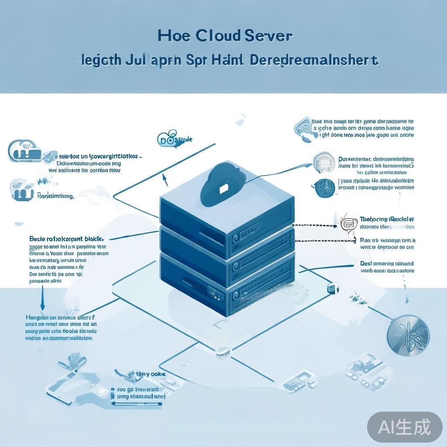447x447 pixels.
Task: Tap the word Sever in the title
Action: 268,35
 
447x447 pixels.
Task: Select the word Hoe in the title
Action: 174,35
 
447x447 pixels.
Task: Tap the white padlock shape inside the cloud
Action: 223,188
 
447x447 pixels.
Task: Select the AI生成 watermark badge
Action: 404,426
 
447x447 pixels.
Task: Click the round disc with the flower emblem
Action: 408,334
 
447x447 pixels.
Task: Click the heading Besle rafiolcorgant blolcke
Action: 66,239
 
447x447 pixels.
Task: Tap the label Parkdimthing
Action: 55,196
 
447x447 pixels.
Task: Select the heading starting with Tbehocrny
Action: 386,219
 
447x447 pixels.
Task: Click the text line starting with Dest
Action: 387,264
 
